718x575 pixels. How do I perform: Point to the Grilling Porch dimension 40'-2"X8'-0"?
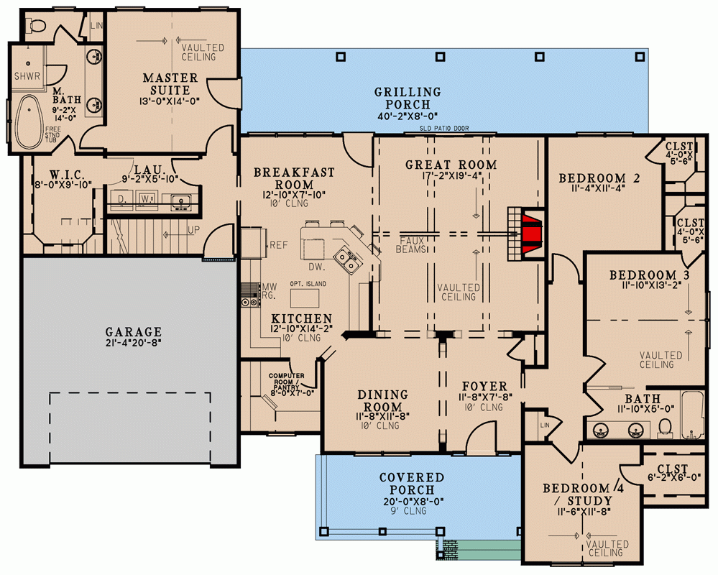(x=407, y=116)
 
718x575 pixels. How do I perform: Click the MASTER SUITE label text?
(x=170, y=84)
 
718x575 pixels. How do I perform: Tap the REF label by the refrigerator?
(x=278, y=245)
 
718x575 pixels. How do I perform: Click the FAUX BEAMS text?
(x=410, y=245)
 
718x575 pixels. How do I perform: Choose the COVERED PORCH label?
(x=413, y=484)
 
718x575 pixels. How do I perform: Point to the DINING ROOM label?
(x=382, y=401)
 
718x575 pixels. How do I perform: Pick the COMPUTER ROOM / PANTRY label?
(x=287, y=380)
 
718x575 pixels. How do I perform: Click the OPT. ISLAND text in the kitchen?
(x=309, y=284)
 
